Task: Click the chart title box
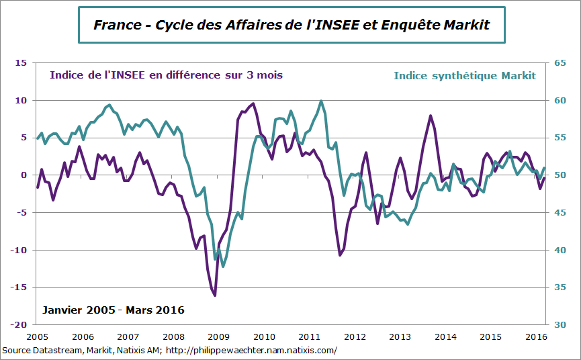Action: click(x=291, y=25)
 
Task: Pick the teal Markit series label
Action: click(x=465, y=75)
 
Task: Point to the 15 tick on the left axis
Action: click(x=20, y=63)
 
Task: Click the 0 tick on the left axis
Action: click(x=23, y=175)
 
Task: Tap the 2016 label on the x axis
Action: click(x=535, y=336)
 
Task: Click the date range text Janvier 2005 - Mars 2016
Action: click(x=113, y=310)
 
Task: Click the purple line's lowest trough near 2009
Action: click(x=215, y=295)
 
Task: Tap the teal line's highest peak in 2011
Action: click(x=321, y=101)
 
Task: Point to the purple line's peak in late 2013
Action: click(x=431, y=116)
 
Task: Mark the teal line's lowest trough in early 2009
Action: click(x=223, y=267)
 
